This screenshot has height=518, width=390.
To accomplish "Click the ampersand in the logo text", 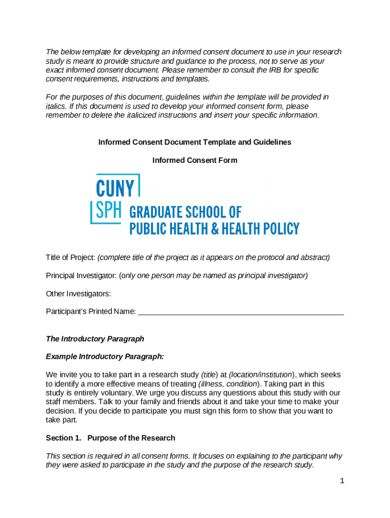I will (215, 229).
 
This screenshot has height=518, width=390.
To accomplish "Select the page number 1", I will (342, 481).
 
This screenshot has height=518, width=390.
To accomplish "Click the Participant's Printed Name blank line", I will (241, 312).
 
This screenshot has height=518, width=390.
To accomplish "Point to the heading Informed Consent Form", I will (194, 160).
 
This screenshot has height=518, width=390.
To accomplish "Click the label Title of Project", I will (70, 257).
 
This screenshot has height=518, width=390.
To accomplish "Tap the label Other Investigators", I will (78, 294).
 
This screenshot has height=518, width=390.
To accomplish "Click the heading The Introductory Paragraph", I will (95, 338).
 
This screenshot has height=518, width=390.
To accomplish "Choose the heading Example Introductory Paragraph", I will (105, 357).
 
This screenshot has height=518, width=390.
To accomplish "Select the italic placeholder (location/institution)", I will (261, 375).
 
